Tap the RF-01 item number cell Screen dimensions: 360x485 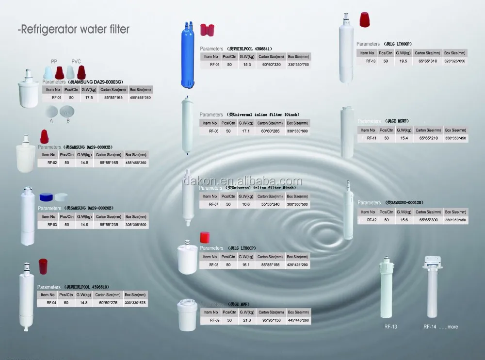pos(53,98)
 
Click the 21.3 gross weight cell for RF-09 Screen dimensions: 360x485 pos(246,320)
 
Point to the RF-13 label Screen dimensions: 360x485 pos(390,327)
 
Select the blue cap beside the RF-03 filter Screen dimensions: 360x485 pos(46,196)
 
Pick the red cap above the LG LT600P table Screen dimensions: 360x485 pos(364,20)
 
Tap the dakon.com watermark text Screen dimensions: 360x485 pos(242,181)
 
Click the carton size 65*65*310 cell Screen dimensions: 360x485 pos(426,61)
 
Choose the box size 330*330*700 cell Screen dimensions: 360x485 pos(298,64)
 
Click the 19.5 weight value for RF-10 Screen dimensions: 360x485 pos(402,61)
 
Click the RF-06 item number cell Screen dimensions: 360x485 pos(213,131)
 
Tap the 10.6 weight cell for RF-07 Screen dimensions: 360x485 pos(246,204)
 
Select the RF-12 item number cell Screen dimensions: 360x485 pos(372,220)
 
